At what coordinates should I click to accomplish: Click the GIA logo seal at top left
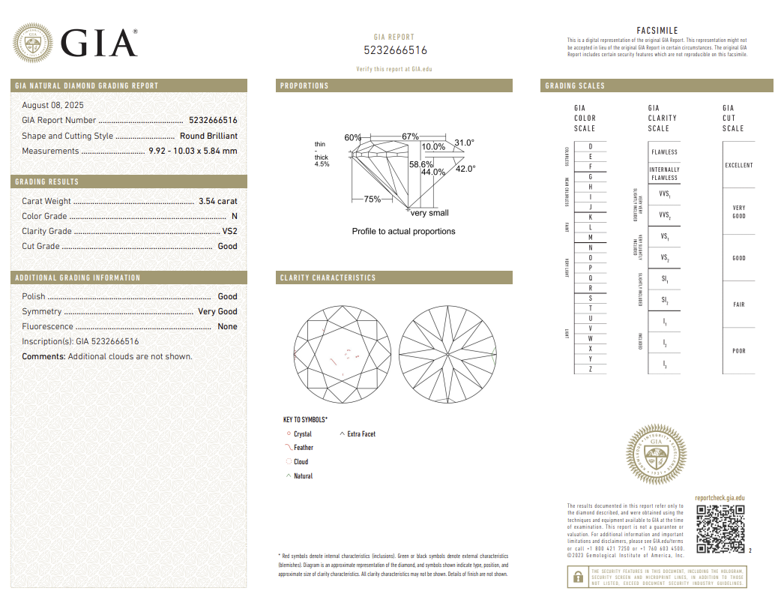point(32,43)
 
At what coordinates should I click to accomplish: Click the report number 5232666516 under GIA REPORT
point(395,50)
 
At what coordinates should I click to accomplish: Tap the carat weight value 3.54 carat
point(217,201)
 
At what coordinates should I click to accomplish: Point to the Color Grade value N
point(234,216)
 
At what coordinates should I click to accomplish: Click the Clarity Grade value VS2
point(229,231)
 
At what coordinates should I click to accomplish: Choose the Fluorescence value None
point(227,326)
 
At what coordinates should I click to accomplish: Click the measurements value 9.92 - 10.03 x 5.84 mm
point(192,151)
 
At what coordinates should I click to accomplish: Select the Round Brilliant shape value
point(208,136)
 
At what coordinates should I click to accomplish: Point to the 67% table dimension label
point(410,136)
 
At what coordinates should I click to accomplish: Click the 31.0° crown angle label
point(464,142)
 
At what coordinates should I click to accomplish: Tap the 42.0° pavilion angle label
point(465,169)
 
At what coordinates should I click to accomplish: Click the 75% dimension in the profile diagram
point(372,199)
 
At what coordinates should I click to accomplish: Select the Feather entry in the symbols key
point(303,448)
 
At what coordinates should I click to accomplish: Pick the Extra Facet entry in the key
point(361,434)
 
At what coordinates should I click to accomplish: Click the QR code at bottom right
point(720,529)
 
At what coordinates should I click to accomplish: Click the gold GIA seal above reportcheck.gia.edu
point(656,454)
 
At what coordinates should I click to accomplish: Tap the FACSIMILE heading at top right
point(657,31)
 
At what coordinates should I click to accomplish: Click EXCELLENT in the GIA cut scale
point(738,165)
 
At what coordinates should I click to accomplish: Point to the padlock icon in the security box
point(578,577)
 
